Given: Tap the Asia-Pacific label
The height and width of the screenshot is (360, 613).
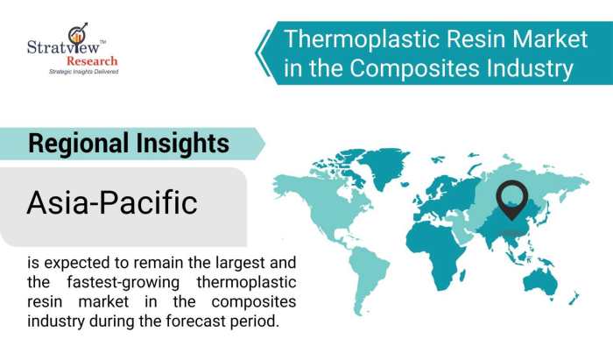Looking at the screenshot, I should [x=112, y=203].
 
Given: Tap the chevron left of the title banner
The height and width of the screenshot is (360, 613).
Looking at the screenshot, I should [x=262, y=53].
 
